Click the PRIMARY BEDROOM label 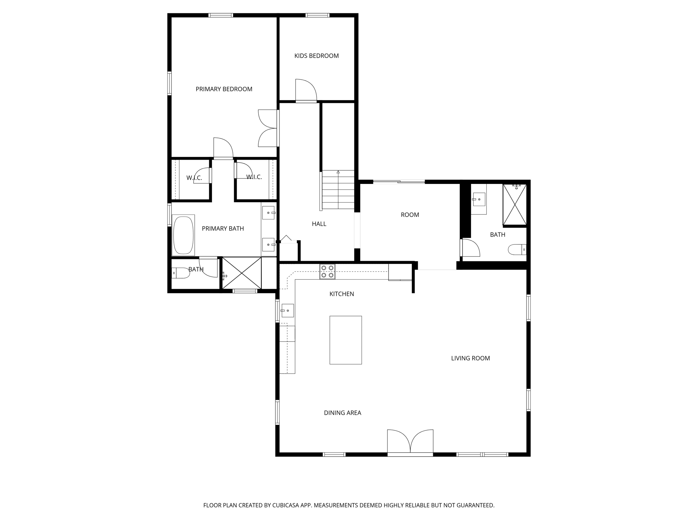224,89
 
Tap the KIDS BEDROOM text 316,56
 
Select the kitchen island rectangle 345,340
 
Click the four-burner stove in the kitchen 327,272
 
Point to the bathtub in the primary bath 183,235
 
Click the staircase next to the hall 338,190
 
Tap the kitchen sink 287,311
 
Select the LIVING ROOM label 470,358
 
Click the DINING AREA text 342,413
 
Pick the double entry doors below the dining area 410,443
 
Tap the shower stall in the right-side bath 515,204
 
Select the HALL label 319,224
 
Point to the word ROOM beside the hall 410,215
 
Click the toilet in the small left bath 180,273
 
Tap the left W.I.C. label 194,178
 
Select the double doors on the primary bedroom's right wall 268,128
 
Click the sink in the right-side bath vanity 479,199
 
